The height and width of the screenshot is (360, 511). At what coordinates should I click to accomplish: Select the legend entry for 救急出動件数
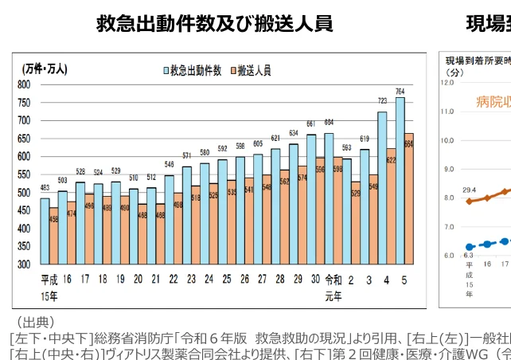click(x=193, y=70)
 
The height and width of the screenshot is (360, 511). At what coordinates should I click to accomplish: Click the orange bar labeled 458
click(x=53, y=239)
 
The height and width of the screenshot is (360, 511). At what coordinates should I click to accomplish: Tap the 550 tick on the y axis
click(x=24, y=174)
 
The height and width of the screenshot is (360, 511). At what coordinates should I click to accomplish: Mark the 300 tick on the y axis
click(x=24, y=264)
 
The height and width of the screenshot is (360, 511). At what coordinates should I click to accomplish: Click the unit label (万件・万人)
click(x=45, y=68)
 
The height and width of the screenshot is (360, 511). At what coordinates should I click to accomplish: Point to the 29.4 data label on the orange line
click(x=470, y=190)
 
